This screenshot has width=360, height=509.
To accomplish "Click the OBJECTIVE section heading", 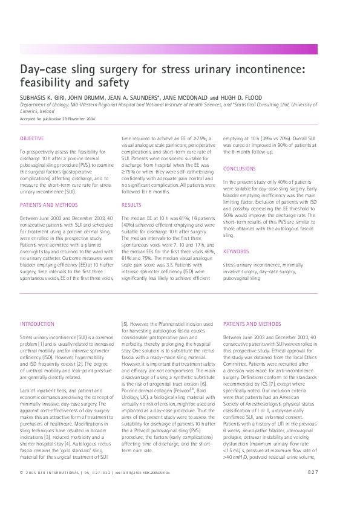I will click(31, 138).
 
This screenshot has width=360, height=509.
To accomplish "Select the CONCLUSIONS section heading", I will click(240, 168).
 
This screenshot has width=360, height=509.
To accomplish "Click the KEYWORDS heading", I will click(235, 251).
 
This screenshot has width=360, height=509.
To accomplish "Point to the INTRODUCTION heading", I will click(38, 324).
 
